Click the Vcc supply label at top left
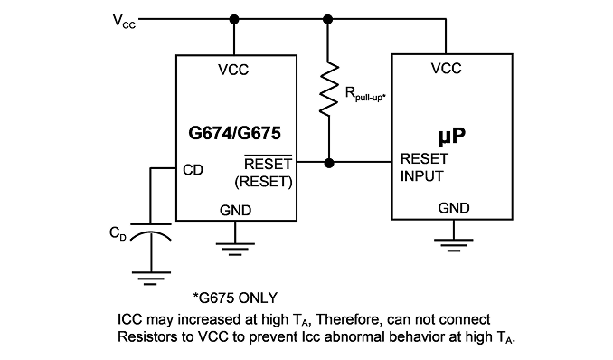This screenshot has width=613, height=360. pyautogui.click(x=124, y=21)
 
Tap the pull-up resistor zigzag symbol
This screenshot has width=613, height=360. pyautogui.click(x=329, y=89)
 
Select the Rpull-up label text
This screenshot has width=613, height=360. pyautogui.click(x=365, y=94)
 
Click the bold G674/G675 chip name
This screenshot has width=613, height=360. pyautogui.click(x=234, y=133)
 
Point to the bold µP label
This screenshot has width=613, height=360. pyautogui.click(x=451, y=136)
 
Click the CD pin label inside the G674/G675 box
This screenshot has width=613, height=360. pyautogui.click(x=193, y=170)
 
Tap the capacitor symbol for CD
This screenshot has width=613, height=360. pyautogui.click(x=150, y=232)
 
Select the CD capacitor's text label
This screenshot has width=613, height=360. pyautogui.click(x=118, y=233)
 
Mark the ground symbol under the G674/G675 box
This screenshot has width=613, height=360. pyautogui.click(x=235, y=250)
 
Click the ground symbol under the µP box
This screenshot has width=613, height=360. pyautogui.click(x=454, y=245)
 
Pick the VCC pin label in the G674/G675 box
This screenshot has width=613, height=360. pyautogui.click(x=233, y=70)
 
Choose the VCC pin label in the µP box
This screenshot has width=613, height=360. pyautogui.click(x=447, y=69)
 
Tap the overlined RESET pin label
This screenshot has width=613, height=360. pyautogui.click(x=269, y=163)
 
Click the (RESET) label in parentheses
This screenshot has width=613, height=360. pyautogui.click(x=263, y=182)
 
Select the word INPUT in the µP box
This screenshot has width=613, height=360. pyautogui.click(x=422, y=176)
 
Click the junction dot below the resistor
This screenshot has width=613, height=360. pyautogui.click(x=329, y=163)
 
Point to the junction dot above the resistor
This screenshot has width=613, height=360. pyautogui.click(x=328, y=19)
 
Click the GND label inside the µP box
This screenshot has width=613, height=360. pyautogui.click(x=454, y=208)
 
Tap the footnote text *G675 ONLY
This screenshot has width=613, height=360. pyautogui.click(x=235, y=298)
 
